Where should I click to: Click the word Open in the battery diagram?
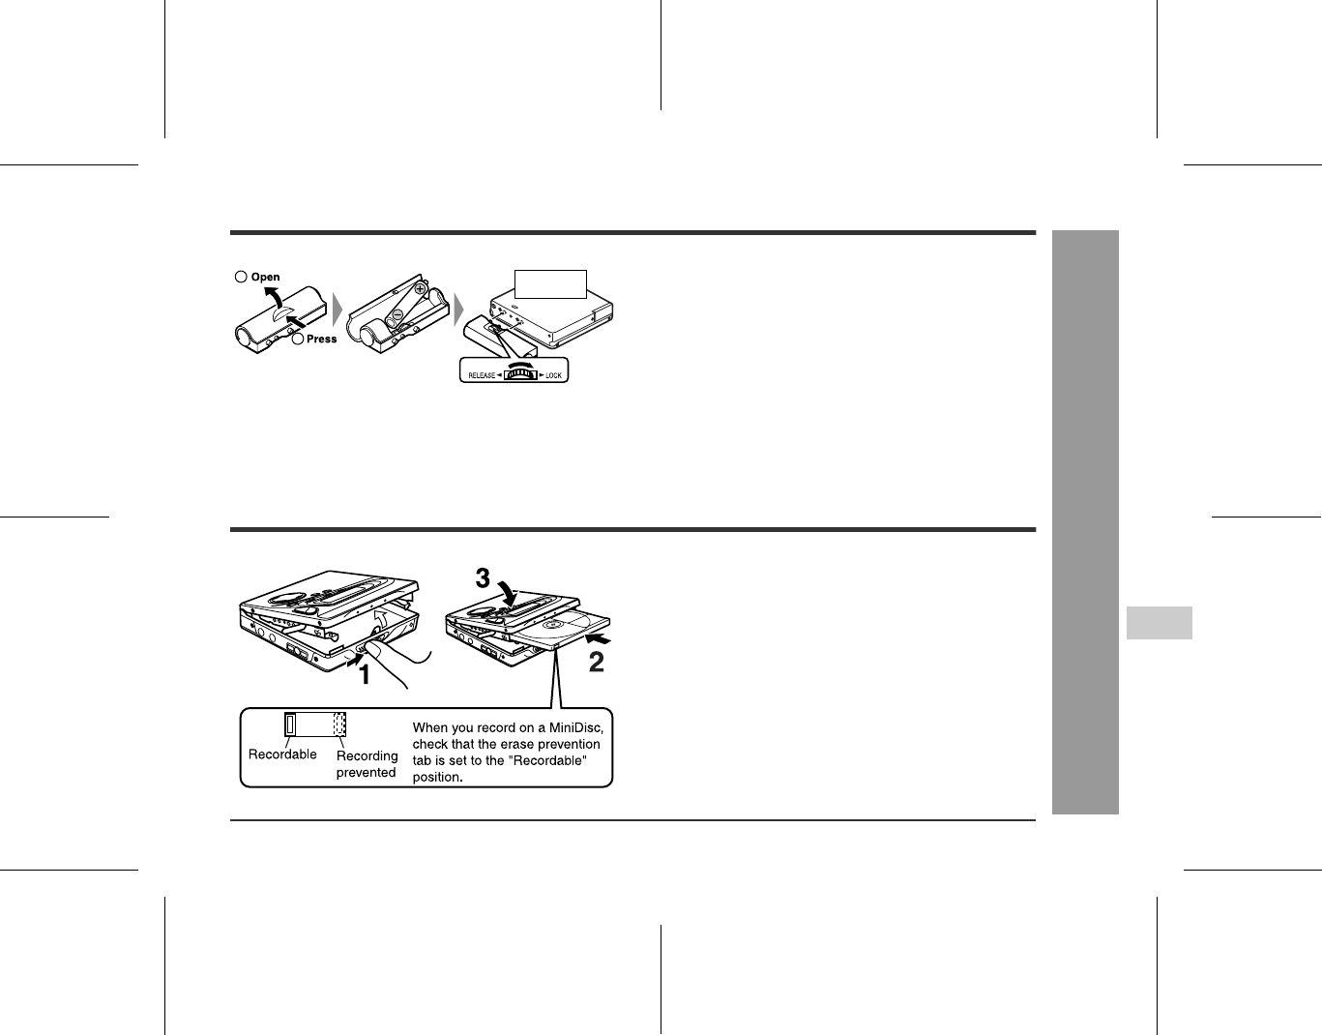coord(265,277)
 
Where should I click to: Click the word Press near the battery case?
coord(321,339)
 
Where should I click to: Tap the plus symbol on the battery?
coord(420,288)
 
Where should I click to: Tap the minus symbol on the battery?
coord(397,315)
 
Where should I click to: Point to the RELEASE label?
coord(482,375)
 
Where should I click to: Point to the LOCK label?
coord(553,375)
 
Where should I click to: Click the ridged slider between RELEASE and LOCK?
coord(520,374)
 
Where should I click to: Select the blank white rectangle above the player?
coord(550,284)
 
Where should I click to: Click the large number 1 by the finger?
coord(365,675)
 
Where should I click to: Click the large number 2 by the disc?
coord(597,662)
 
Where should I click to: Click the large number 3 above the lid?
coord(483,578)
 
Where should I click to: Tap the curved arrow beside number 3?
coord(509,591)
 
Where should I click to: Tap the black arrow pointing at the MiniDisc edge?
coord(598,638)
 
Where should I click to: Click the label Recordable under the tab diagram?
coord(282,754)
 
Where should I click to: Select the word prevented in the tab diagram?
coord(366,772)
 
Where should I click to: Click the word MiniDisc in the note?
coord(576,727)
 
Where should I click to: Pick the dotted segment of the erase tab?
coord(339,724)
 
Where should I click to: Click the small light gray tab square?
coord(1159,623)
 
